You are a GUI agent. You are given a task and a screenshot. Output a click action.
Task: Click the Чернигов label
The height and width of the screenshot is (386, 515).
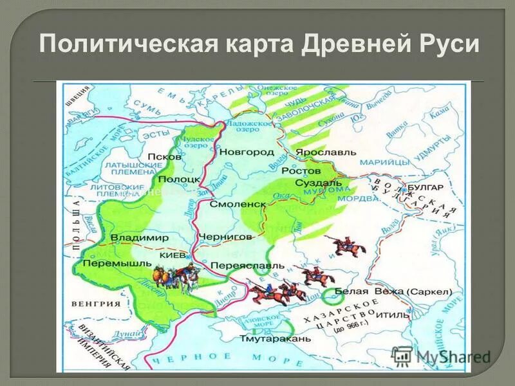coord(225,237)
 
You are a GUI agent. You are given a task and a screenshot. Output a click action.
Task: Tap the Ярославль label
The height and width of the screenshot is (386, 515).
coord(325,152)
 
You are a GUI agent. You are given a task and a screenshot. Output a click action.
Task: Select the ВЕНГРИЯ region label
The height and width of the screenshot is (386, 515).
coord(98,304)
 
